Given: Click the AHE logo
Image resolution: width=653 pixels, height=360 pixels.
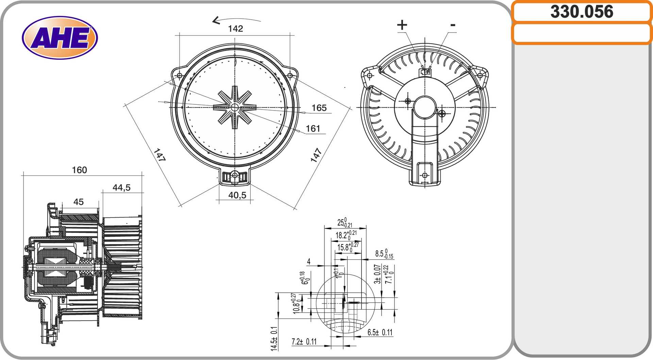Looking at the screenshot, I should coord(60,38).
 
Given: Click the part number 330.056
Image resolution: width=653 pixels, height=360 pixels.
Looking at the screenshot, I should coord(582,12).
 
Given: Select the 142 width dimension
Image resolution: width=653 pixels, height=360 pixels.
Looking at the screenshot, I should coord(235,29).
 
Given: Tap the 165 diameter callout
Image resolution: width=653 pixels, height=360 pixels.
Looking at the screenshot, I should coord(319,108).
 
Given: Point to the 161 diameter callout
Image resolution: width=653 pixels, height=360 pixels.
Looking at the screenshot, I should coord(313,128).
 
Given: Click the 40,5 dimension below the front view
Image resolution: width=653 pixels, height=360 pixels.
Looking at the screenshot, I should coord(237,195).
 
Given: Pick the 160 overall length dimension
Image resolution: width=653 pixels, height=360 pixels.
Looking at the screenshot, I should coord(79,170).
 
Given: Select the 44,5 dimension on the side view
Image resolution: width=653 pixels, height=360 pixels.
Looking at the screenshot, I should coord(121,187).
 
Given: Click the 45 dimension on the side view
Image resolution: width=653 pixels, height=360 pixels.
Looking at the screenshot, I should coord(78,202).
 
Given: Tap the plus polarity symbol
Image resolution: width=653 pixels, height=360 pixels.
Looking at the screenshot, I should coord(402,25).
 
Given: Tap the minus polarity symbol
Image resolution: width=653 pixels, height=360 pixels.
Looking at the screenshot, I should coord(453,25).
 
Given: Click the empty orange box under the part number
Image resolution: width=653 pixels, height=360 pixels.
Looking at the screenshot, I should coord(582,34).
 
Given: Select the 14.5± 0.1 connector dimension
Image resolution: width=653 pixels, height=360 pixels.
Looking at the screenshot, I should coord(274,338).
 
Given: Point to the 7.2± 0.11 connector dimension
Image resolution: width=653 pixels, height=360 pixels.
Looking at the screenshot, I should coord(304,341).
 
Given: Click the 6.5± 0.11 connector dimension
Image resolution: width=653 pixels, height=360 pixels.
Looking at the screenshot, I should coord(380,332).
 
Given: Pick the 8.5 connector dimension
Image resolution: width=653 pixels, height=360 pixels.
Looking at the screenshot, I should coord(384,254).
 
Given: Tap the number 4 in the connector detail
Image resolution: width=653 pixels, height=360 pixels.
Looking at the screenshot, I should coord(308,261).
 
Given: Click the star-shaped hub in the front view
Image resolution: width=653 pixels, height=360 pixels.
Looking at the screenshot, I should coord(235,107).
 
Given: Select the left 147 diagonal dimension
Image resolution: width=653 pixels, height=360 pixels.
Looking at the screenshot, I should coord(159,155).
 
